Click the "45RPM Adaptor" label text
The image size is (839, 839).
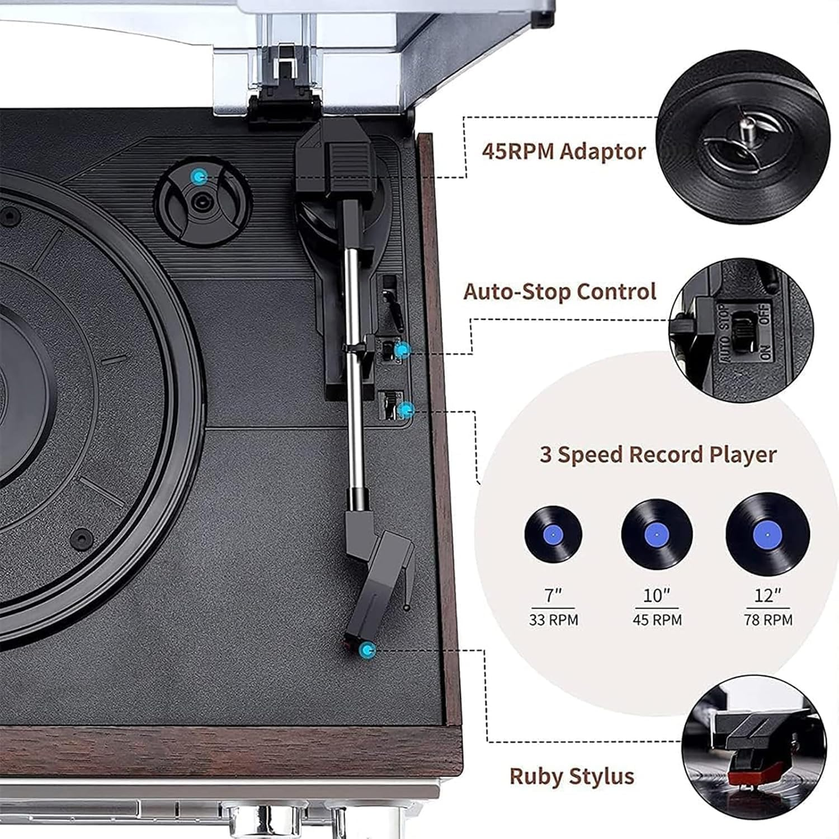pyautogui.click(x=563, y=152)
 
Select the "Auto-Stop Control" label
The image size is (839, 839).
pyautogui.click(x=559, y=292)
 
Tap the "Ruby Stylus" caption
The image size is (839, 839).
pyautogui.click(x=572, y=776)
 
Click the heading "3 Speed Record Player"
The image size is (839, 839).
pyautogui.click(x=658, y=454)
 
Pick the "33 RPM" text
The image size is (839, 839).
pyautogui.click(x=553, y=620)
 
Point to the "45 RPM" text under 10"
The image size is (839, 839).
pyautogui.click(x=657, y=620)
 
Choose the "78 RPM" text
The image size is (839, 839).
pyautogui.click(x=768, y=620)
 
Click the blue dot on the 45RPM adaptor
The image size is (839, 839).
pyautogui.click(x=197, y=178)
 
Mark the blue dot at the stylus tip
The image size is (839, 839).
pyautogui.click(x=367, y=650)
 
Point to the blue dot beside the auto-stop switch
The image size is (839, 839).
pyautogui.click(x=402, y=351)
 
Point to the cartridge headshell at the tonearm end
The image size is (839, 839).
pyautogui.click(x=380, y=582)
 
